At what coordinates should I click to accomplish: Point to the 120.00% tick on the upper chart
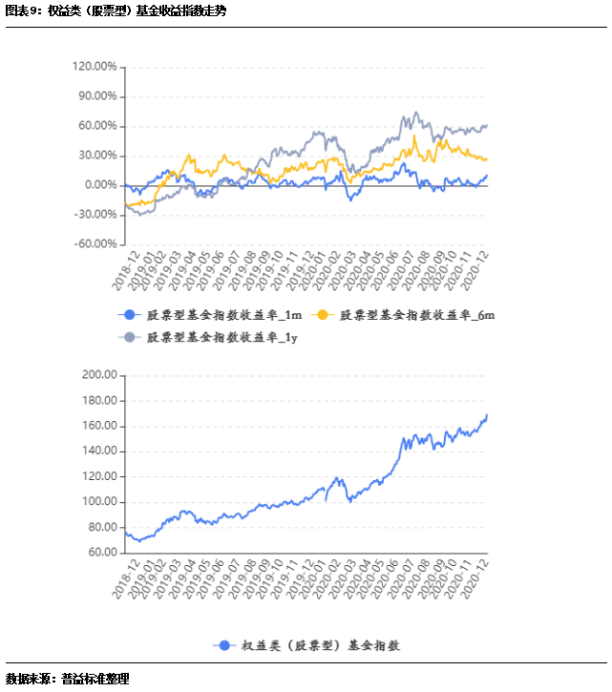94,67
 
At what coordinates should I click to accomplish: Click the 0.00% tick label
99,185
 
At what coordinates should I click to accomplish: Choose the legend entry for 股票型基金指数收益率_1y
209,337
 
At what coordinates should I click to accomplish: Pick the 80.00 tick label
102,527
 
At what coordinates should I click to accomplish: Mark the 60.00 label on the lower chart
102,553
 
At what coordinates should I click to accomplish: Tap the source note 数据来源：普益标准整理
67,679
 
